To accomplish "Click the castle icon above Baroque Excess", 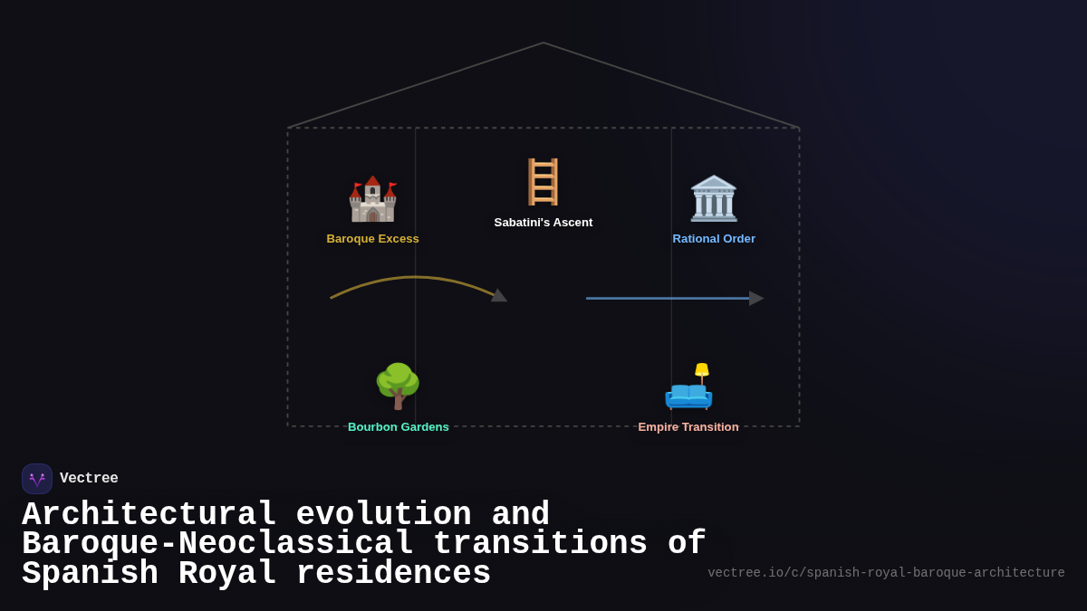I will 372,199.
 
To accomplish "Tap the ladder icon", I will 543,182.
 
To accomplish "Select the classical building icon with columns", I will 714,199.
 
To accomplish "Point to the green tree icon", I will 398,386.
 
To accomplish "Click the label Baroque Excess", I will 372,239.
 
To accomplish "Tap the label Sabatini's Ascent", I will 543,223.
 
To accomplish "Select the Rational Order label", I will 714,239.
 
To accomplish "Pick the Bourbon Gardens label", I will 399,427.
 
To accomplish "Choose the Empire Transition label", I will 688,427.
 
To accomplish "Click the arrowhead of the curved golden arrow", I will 499,295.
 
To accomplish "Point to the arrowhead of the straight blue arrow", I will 756,298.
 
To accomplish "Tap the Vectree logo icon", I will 37,479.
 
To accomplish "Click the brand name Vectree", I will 89,479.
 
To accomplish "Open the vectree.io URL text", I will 886,573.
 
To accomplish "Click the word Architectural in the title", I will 149,515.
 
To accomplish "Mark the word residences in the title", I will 393,574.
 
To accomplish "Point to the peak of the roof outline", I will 543,43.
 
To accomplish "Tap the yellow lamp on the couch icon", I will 702,370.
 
